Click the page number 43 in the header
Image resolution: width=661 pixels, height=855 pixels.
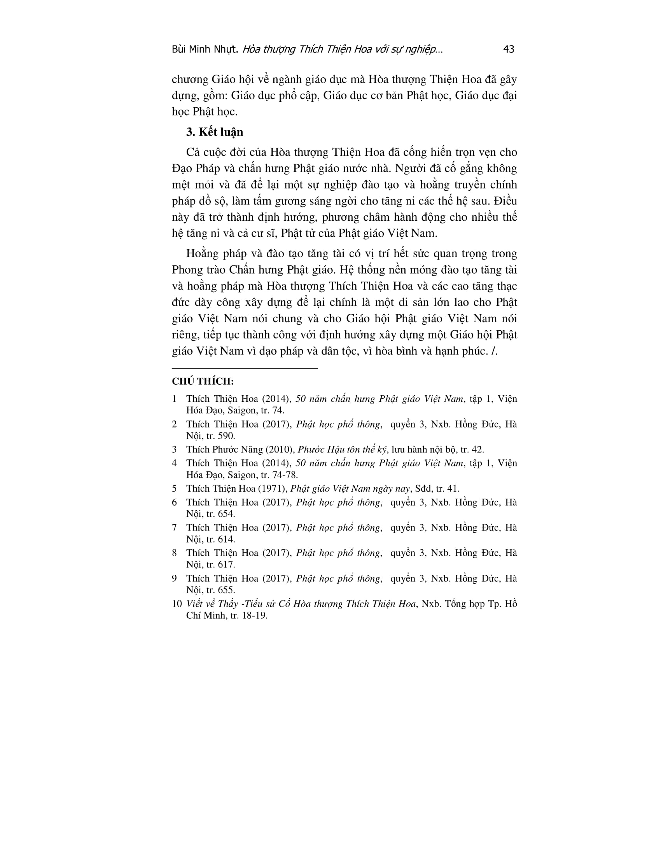coord(508,49)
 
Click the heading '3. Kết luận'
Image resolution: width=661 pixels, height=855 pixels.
coord(215,132)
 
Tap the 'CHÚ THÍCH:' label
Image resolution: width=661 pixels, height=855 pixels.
coord(203,381)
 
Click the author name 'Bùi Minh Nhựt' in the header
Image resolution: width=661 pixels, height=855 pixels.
coord(205,49)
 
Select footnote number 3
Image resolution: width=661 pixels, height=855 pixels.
coord(174,449)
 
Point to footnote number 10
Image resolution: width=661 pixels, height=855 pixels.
coord(177,604)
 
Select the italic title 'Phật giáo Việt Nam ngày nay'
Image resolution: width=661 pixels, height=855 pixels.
coord(350,489)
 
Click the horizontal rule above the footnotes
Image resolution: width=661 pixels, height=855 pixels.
coord(245,368)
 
